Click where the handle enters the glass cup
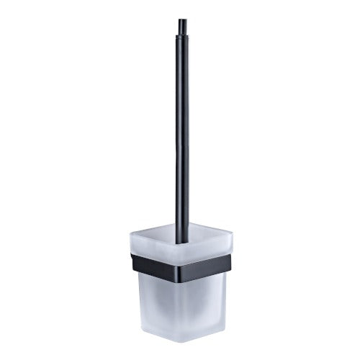[182, 229]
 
